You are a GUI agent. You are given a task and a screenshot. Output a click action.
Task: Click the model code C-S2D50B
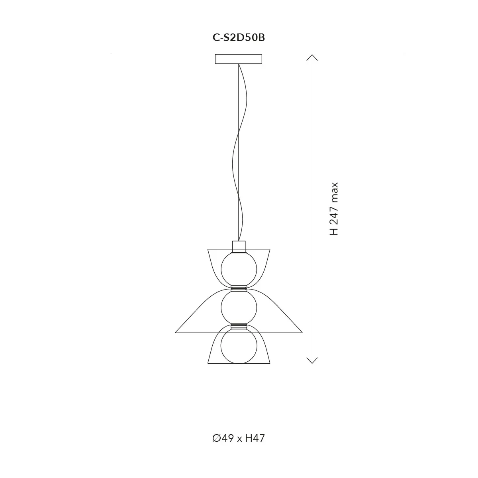point(239,38)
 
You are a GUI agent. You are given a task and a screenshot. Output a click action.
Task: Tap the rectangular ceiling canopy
point(238,59)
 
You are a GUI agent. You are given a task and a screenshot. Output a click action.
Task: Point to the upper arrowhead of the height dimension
point(312,57)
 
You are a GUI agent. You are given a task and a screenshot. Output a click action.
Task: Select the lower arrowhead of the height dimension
point(312,360)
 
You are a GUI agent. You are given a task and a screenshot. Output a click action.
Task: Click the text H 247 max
point(334,209)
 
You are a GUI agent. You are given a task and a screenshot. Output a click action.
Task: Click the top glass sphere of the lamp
point(239,269)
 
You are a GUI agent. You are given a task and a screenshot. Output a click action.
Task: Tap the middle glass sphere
point(239,308)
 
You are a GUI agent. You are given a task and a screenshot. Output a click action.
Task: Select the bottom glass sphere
point(239,346)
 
